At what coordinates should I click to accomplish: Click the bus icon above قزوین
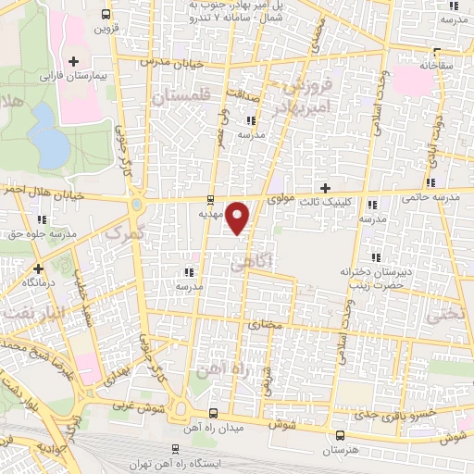pos(106,14)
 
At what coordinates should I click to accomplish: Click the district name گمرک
pos(121,233)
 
